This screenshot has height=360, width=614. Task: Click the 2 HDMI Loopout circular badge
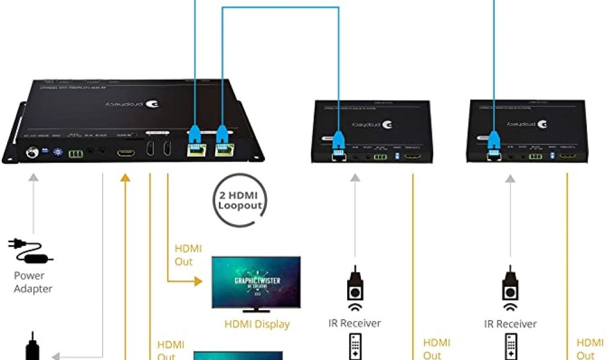pyautogui.click(x=240, y=200)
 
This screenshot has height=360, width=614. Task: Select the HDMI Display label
pyautogui.click(x=257, y=325)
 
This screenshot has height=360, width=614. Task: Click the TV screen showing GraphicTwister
pyautogui.click(x=256, y=282)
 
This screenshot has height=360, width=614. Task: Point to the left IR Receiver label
pyautogui.click(x=354, y=323)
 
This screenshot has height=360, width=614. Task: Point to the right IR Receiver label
pyautogui.click(x=510, y=323)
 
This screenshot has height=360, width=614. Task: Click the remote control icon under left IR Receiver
pyautogui.click(x=354, y=347)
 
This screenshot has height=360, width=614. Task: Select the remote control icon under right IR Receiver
pyautogui.click(x=510, y=347)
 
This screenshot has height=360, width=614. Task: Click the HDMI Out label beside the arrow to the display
pyautogui.click(x=188, y=255)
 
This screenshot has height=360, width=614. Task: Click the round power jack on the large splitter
pyautogui.click(x=29, y=153)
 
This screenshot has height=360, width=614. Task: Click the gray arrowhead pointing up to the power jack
pyautogui.click(x=33, y=177)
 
